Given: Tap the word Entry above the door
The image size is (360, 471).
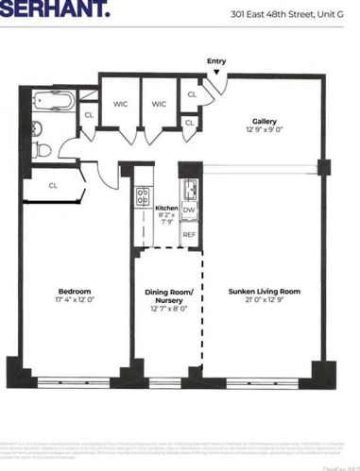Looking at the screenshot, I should [216, 61].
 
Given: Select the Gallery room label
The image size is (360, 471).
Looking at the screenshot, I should [264, 120].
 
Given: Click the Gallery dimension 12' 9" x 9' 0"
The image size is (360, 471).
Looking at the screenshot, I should [264, 130].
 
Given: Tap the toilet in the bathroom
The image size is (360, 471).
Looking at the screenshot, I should [39, 149].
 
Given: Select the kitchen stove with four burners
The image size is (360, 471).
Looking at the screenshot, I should [144, 196].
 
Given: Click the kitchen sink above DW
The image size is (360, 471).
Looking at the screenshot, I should [188, 185].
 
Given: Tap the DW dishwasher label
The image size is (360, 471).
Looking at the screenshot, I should [189, 210].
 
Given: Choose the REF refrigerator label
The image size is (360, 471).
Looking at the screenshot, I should [189, 233].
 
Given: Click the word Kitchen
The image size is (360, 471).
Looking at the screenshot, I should [167, 205].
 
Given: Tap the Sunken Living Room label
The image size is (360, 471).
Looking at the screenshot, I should [264, 292].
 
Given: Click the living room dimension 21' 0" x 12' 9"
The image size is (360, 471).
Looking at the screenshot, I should [264, 302].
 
